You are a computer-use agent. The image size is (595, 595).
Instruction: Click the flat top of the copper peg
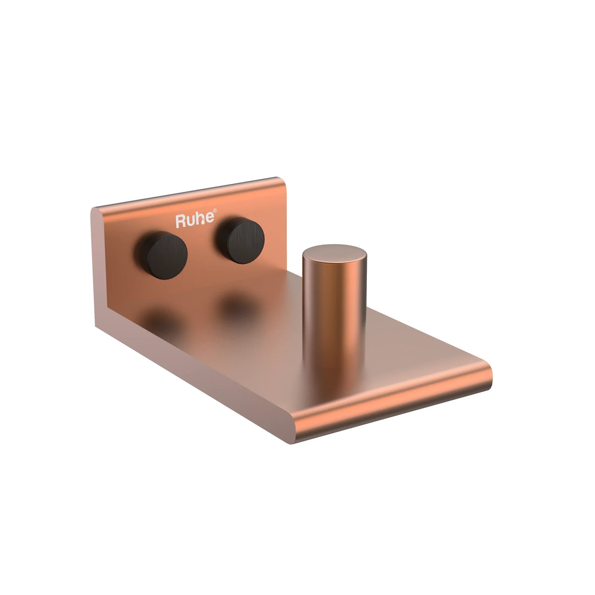coord(335,253)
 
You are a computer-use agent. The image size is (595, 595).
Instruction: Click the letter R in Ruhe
coord(180,222)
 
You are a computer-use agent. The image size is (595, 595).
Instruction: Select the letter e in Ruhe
coord(211,218)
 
